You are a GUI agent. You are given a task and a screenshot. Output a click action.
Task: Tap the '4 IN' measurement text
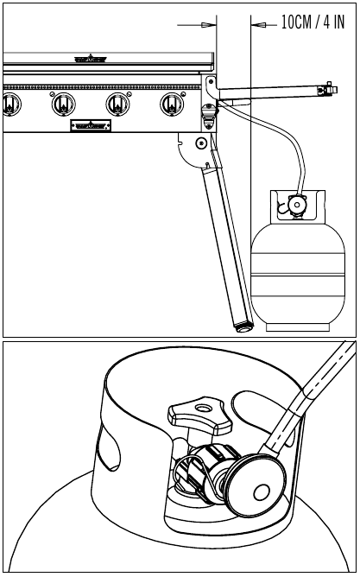point(334,22)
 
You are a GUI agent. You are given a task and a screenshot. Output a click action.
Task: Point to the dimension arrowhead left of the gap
point(208,25)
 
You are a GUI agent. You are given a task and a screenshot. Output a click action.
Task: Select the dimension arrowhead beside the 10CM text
point(258,25)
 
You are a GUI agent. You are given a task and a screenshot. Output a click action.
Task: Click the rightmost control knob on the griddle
point(172,105)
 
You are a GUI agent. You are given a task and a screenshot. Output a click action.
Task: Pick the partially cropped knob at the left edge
point(11,105)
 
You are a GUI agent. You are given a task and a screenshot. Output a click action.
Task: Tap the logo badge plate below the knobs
point(91,125)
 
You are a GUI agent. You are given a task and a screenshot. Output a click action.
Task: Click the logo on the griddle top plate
point(91,59)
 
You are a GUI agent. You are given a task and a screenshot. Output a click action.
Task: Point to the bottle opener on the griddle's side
point(209,116)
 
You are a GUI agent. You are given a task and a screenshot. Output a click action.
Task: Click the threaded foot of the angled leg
point(243,327)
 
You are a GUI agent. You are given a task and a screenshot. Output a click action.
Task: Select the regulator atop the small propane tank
point(297,204)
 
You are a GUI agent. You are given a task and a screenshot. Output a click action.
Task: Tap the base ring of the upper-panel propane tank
point(298,327)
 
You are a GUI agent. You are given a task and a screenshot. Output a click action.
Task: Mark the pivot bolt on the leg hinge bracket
point(201,143)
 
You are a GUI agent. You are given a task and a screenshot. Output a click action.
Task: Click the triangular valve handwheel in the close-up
point(200,415)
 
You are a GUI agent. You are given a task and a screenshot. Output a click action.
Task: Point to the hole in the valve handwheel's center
point(202,408)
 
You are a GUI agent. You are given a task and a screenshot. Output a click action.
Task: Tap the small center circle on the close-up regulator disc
point(262,491)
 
